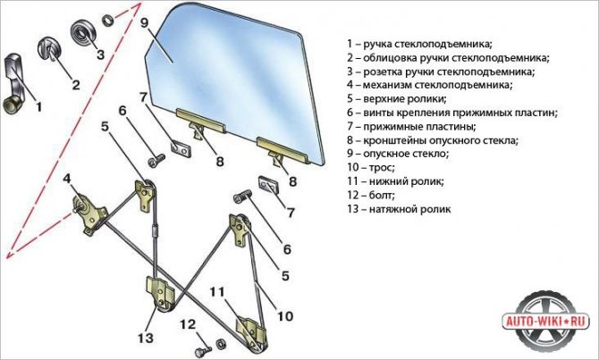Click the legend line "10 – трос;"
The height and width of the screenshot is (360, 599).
click(369, 166)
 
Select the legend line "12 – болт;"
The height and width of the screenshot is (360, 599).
click(369, 194)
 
